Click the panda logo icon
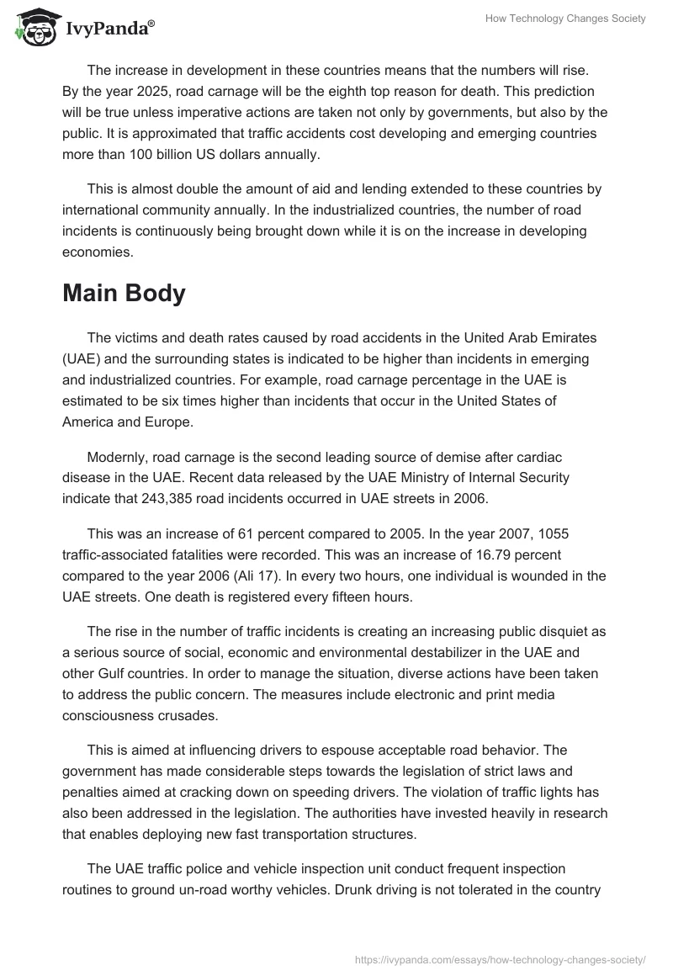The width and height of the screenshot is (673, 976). [33, 27]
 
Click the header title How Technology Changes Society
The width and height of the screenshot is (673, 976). [565, 19]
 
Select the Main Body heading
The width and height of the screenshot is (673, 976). [124, 294]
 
